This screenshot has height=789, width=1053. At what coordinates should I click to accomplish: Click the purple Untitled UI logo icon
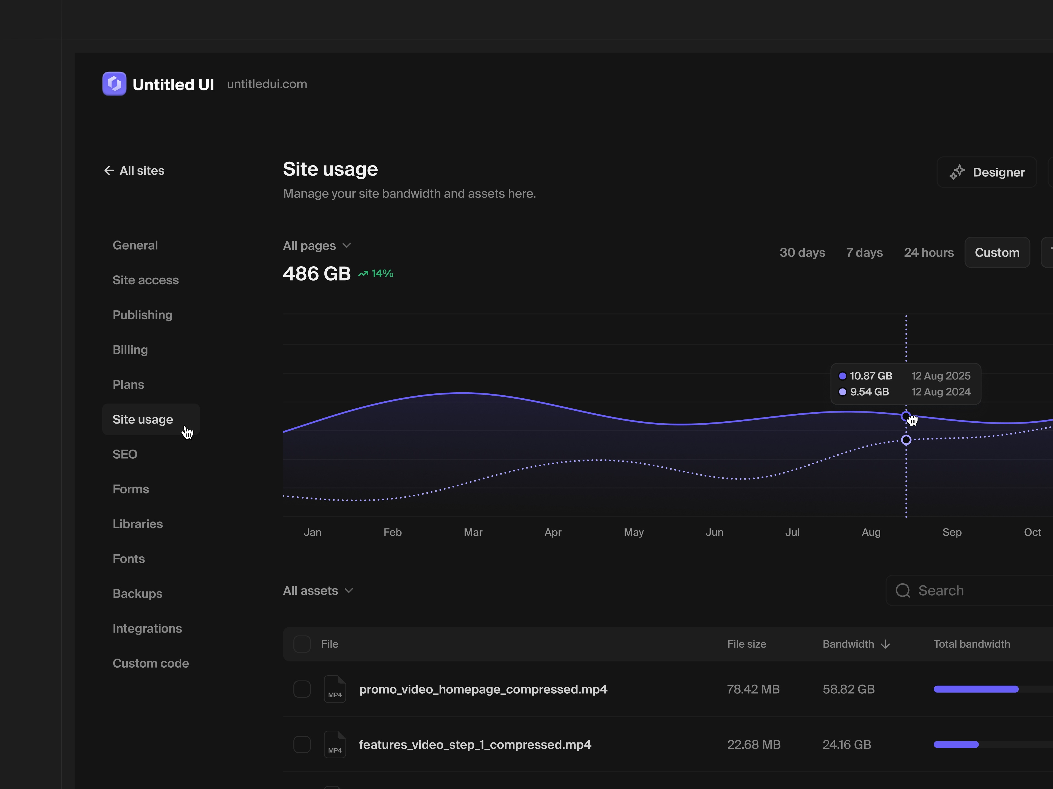tap(114, 84)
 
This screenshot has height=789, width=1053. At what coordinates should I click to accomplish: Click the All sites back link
tap(134, 171)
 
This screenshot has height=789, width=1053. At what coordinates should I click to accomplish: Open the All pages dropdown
tap(316, 246)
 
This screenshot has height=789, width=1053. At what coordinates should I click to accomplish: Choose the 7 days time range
tap(864, 253)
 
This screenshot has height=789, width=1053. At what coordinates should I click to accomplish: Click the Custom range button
tap(997, 253)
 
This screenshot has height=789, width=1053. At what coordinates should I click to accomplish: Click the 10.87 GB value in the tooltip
tap(871, 376)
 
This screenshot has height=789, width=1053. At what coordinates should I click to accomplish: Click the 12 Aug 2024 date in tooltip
tap(941, 392)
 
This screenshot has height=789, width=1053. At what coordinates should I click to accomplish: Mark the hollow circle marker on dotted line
tap(906, 440)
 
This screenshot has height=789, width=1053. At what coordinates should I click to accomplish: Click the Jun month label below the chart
tap(714, 532)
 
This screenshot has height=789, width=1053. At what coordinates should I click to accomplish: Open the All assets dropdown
tap(318, 591)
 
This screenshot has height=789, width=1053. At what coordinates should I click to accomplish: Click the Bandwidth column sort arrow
tap(885, 644)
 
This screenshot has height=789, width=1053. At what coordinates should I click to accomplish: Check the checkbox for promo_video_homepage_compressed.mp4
tap(302, 689)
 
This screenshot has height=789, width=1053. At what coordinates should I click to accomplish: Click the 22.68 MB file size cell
tap(754, 745)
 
